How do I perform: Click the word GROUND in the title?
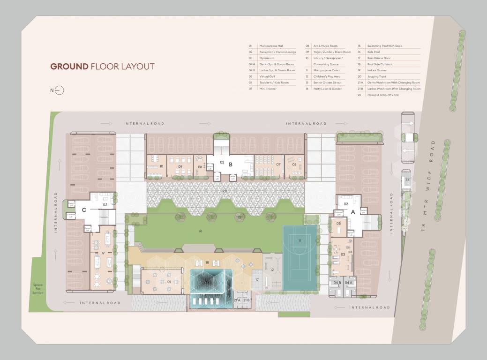69,67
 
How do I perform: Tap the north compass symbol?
59,90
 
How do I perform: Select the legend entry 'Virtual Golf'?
266,76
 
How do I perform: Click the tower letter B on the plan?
231,165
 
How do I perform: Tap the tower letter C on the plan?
84,210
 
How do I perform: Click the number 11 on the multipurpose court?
300,240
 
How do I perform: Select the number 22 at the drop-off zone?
407,179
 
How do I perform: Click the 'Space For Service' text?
37,288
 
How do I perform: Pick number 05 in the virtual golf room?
338,224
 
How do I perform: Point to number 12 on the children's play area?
272,270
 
